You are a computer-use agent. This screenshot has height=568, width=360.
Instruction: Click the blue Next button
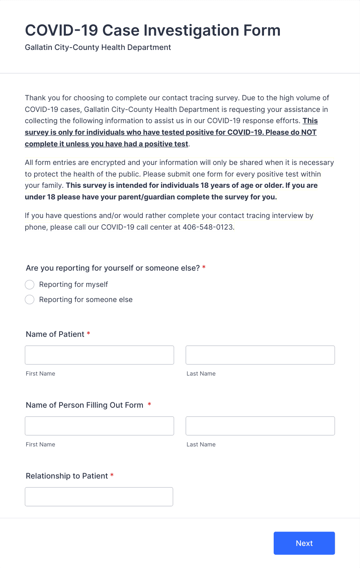pyautogui.click(x=304, y=543)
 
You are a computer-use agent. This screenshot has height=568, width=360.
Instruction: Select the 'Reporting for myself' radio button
pyautogui.click(x=30, y=285)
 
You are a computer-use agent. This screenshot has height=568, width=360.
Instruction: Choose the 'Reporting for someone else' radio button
pyautogui.click(x=30, y=300)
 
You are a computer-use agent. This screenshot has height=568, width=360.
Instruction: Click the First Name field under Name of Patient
pyautogui.click(x=99, y=355)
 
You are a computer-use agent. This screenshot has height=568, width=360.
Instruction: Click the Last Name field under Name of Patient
pyautogui.click(x=260, y=355)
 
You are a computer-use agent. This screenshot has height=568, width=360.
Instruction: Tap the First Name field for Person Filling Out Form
pyautogui.click(x=99, y=426)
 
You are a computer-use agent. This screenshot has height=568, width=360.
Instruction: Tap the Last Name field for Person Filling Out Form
pyautogui.click(x=260, y=426)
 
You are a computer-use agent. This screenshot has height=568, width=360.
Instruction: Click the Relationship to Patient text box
pyautogui.click(x=99, y=497)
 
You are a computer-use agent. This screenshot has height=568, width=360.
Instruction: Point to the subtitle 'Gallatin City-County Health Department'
pyautogui.click(x=98, y=48)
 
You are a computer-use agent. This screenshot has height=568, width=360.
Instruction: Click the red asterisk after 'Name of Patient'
pyautogui.click(x=89, y=334)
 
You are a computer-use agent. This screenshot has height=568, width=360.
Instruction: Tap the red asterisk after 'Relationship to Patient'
pyautogui.click(x=112, y=475)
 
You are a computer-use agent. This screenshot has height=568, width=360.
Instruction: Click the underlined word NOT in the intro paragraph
pyautogui.click(x=309, y=132)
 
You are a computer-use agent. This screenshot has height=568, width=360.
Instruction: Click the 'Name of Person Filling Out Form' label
pyautogui.click(x=84, y=405)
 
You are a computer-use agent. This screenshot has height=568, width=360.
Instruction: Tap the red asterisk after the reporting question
pyautogui.click(x=204, y=268)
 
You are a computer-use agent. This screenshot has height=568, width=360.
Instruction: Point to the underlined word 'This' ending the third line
pyautogui.click(x=310, y=121)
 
